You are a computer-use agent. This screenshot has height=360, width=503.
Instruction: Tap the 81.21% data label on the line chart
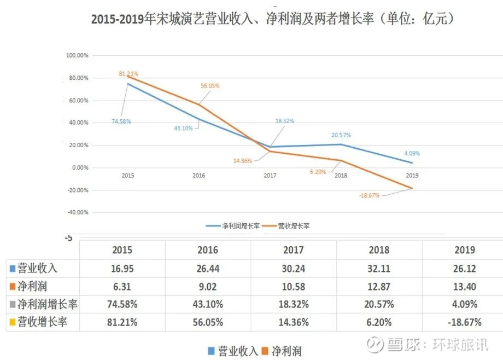(x=128, y=73)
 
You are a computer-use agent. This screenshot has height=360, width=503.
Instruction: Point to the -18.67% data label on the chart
(x=370, y=195)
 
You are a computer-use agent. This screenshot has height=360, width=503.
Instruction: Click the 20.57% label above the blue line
(x=341, y=135)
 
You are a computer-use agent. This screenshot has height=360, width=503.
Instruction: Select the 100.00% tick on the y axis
(x=77, y=56)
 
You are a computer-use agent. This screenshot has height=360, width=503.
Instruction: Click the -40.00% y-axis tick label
(x=77, y=213)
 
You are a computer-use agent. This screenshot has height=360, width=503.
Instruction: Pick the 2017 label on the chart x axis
(x=270, y=176)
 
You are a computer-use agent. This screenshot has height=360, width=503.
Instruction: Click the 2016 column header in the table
(x=208, y=250)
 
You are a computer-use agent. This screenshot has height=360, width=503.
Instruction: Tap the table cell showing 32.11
(x=379, y=268)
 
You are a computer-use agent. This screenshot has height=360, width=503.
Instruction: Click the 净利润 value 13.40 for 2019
(x=465, y=286)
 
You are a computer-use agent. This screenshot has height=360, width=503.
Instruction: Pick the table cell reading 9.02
(x=208, y=286)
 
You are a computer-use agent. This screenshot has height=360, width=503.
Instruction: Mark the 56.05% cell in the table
(x=208, y=322)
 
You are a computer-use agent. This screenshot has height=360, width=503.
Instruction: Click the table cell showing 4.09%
(x=465, y=304)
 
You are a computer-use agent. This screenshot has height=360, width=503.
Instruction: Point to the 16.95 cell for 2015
(x=122, y=268)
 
